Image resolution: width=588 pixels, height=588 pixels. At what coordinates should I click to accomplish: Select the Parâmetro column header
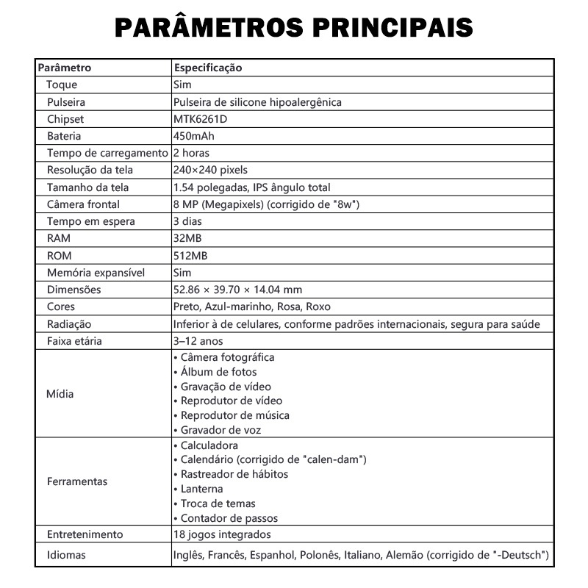64,68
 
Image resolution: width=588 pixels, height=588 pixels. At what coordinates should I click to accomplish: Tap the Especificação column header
208,68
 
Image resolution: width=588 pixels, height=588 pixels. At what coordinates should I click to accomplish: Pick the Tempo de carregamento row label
107,153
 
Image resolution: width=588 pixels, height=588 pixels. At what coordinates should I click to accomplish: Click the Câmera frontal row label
83,204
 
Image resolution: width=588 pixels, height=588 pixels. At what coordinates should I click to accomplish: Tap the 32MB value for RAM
187,238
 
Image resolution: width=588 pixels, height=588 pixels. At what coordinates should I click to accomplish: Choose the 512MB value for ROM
190,255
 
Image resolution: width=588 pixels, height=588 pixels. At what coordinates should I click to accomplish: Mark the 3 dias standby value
187,221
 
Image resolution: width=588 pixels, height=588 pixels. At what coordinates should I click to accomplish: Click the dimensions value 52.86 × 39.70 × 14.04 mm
237,290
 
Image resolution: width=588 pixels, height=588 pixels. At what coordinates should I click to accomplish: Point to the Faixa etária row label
74,341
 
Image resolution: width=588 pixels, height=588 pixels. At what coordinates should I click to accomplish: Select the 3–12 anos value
198,341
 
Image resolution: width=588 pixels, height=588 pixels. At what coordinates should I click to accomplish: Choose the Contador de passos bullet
225,518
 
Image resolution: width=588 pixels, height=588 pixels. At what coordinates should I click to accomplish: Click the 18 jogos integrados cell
222,534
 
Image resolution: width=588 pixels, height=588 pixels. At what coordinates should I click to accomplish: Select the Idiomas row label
65,554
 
